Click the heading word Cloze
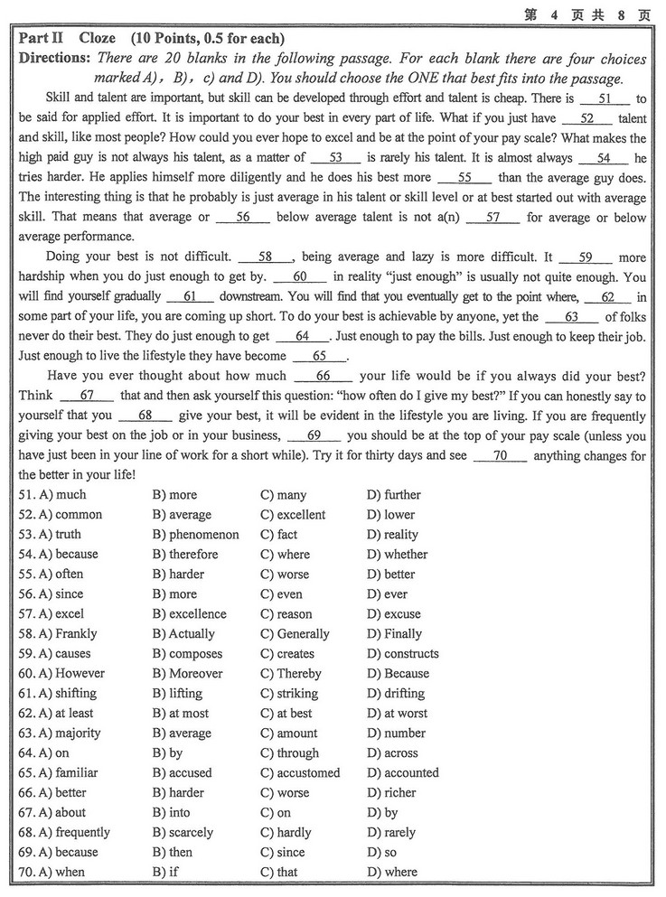97,39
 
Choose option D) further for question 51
394,495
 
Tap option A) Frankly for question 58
68,634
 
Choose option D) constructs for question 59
402,654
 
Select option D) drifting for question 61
395,694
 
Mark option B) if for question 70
165,873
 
